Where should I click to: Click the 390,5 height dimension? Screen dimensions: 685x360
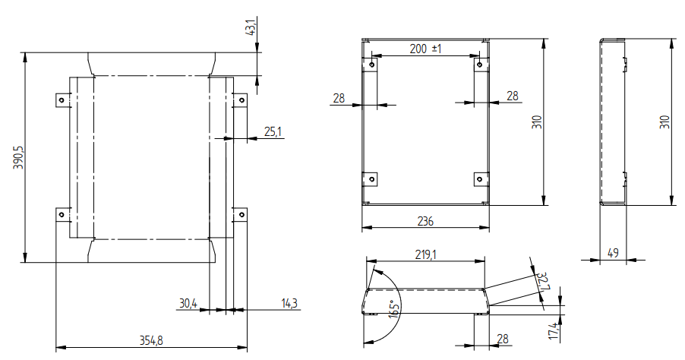(20, 158)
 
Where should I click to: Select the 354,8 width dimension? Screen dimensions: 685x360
(151, 340)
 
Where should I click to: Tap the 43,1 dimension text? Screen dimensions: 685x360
(251, 28)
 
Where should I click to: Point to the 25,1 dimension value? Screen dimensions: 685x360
(273, 131)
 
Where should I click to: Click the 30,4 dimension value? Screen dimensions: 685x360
(188, 303)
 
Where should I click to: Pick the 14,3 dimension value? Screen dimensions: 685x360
(289, 303)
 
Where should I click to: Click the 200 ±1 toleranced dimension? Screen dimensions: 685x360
(425, 49)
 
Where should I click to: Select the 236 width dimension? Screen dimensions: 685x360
(425, 222)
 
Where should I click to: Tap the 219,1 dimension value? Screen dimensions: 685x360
(425, 254)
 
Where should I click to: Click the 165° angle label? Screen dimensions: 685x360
(393, 309)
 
